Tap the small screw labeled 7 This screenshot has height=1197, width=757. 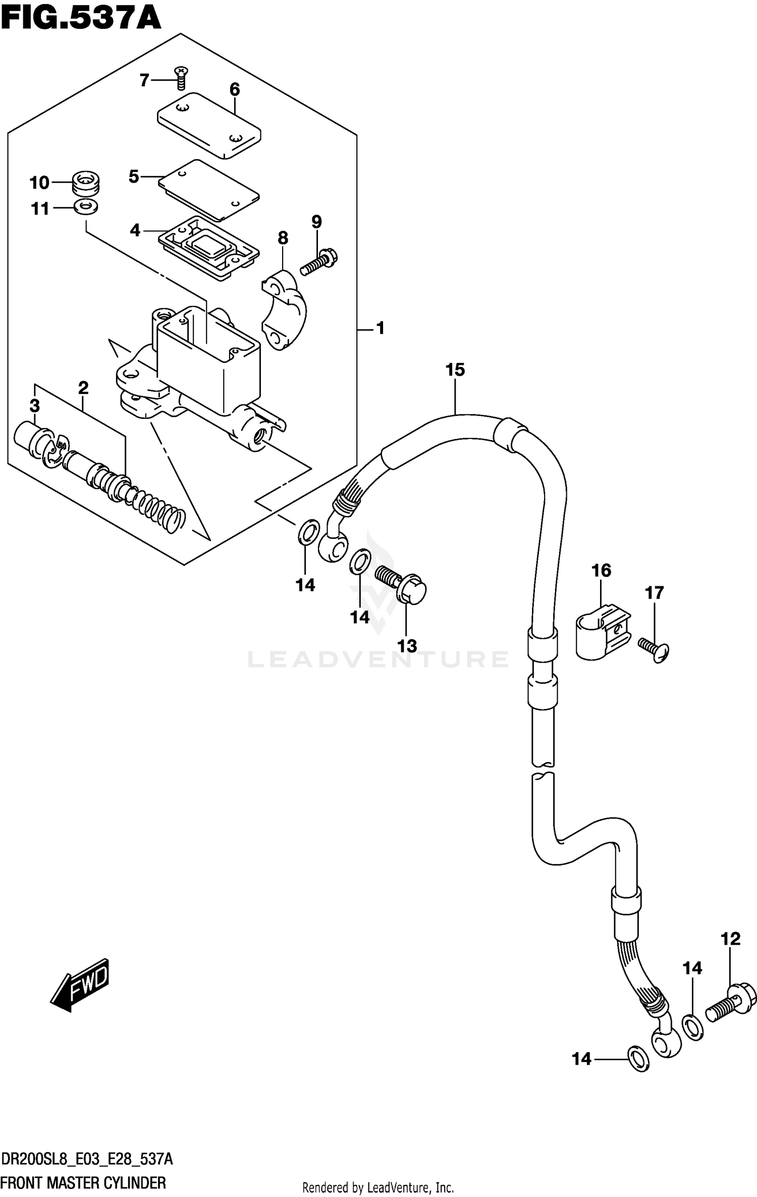[x=180, y=79]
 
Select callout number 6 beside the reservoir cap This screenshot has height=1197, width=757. [x=235, y=90]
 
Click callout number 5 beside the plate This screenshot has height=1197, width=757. [x=134, y=177]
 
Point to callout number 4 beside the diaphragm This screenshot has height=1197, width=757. [x=135, y=231]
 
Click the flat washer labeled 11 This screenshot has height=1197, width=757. [x=86, y=206]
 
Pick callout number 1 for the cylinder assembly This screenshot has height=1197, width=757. [x=381, y=329]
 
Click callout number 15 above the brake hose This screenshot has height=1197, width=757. [x=455, y=370]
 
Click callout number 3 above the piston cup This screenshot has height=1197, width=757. [x=34, y=405]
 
